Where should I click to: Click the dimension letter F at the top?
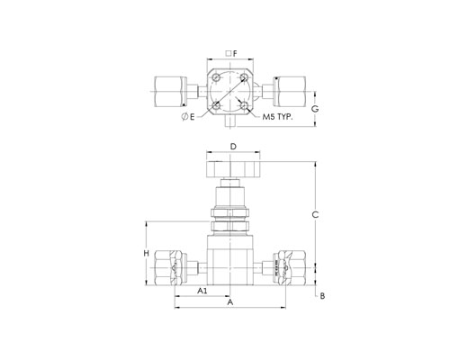click(x=235, y=54)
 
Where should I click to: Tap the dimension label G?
click(x=315, y=109)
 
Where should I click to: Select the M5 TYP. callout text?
click(x=277, y=117)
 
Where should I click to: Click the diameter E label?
click(x=188, y=117)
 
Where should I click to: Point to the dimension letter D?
click(x=233, y=147)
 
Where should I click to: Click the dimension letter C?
click(x=315, y=215)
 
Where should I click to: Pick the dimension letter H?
click(x=146, y=254)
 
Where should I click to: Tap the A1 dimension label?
click(x=202, y=291)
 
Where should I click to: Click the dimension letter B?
click(x=322, y=296)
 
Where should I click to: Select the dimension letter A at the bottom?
click(x=230, y=301)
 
